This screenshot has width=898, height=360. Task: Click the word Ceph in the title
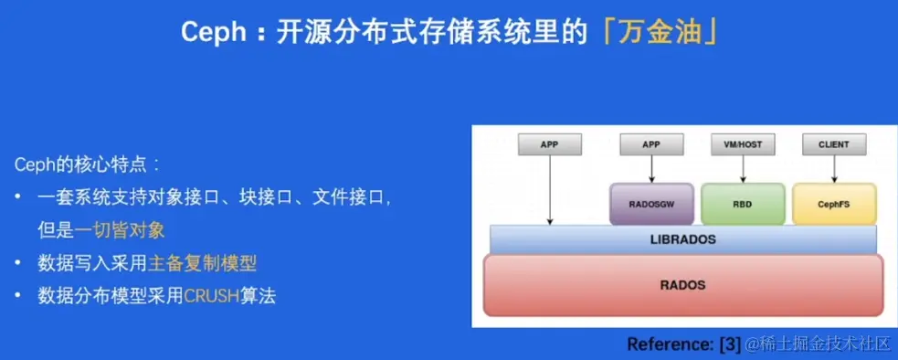(x=205, y=33)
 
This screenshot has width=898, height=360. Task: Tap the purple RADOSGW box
(x=651, y=204)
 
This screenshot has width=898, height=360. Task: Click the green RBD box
(x=743, y=204)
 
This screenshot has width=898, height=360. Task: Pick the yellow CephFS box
(x=834, y=204)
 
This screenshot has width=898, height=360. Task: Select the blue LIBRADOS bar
(x=683, y=239)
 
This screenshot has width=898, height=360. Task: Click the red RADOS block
(x=683, y=285)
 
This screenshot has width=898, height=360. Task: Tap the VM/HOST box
(x=743, y=144)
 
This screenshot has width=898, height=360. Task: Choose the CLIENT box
(x=834, y=144)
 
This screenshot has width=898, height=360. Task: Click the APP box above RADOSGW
(x=651, y=144)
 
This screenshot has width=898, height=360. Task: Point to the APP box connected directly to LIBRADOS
(x=550, y=144)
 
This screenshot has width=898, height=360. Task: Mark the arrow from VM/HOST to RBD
(x=743, y=169)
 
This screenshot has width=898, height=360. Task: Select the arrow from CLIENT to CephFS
(x=834, y=169)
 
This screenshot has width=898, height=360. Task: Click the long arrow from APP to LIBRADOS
(x=550, y=190)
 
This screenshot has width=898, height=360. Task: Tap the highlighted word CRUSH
(x=211, y=296)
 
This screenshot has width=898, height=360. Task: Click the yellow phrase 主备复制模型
(x=202, y=264)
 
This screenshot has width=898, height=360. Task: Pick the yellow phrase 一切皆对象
(x=120, y=230)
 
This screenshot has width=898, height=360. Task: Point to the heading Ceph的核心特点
(x=88, y=165)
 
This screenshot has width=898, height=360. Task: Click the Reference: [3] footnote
(x=684, y=344)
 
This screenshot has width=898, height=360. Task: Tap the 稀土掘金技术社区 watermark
(x=819, y=344)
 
